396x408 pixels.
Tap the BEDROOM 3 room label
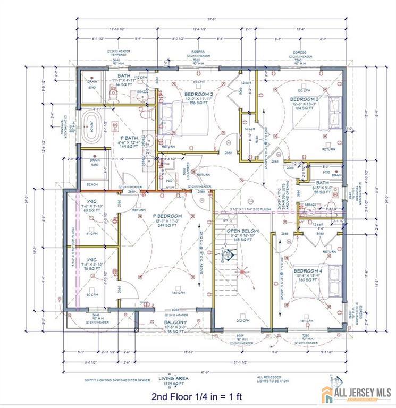305,99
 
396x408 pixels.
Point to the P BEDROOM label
167,216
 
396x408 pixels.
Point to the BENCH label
92,185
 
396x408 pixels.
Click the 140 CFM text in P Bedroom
178,293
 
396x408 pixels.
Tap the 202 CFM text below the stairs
242,320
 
